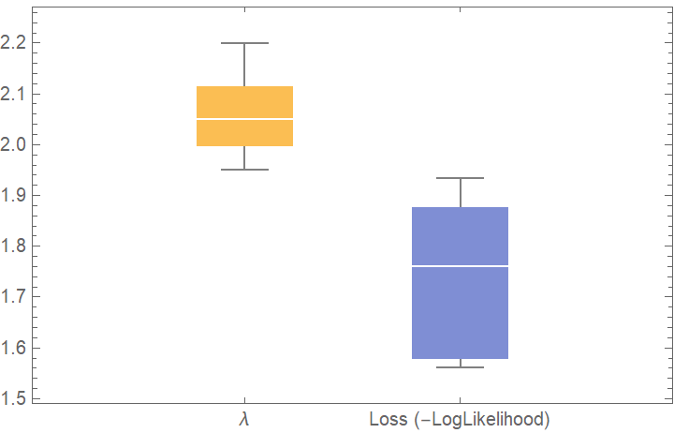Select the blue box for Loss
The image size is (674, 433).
[x=461, y=309]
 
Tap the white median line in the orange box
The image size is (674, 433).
[x=244, y=119]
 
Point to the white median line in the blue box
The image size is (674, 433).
[x=461, y=266]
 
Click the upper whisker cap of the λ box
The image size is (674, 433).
[x=244, y=43]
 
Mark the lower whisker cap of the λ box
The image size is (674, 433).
[x=244, y=170]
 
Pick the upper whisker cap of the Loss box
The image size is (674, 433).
[x=461, y=178]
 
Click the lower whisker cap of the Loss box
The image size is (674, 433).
[x=461, y=366]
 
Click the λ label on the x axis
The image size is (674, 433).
[x=244, y=418]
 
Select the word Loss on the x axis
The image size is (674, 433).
[x=388, y=418]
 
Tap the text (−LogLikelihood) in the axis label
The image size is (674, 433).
[x=480, y=418]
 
